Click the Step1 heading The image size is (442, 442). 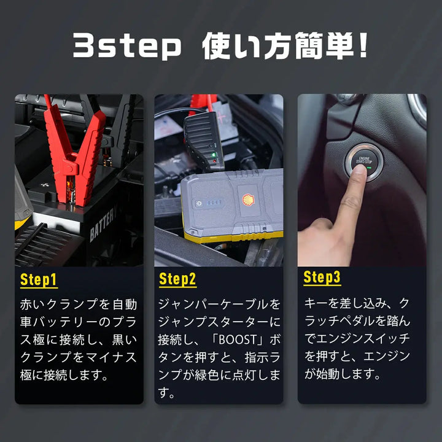pyautogui.click(x=39, y=280)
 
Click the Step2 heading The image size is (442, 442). pyautogui.click(x=177, y=280)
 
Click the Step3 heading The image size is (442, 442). pyautogui.click(x=322, y=277)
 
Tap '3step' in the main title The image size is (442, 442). pyautogui.click(x=128, y=47)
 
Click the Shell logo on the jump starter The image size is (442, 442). pyautogui.click(x=247, y=200)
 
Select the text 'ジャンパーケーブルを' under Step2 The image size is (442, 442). pyautogui.click(x=219, y=304)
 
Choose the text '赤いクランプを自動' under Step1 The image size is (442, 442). pyautogui.click(x=79, y=304)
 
